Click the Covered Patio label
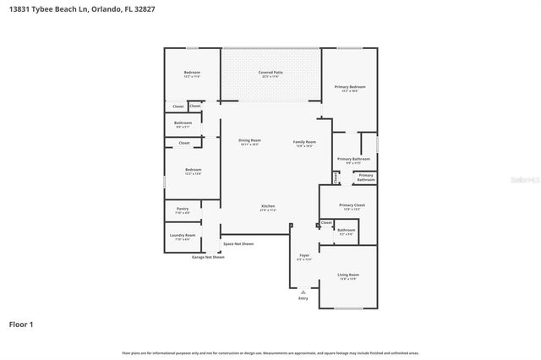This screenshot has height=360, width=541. (270, 73)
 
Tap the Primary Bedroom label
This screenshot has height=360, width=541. (350, 86)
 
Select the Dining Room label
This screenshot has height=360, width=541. (249, 140)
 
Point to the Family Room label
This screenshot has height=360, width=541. (304, 142)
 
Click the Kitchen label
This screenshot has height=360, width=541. (268, 206)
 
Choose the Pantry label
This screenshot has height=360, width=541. (183, 209)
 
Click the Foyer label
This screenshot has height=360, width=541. (304, 256)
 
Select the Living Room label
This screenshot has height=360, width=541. (348, 275)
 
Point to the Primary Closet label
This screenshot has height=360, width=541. (352, 205)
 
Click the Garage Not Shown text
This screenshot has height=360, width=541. (208, 257)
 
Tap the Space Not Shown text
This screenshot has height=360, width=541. (238, 243)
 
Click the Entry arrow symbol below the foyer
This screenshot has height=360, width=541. (303, 292)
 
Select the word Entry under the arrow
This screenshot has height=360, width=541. (303, 298)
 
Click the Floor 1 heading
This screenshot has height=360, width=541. (20, 324)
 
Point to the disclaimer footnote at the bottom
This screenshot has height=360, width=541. (270, 352)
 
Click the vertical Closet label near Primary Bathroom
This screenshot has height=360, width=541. (336, 177)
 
